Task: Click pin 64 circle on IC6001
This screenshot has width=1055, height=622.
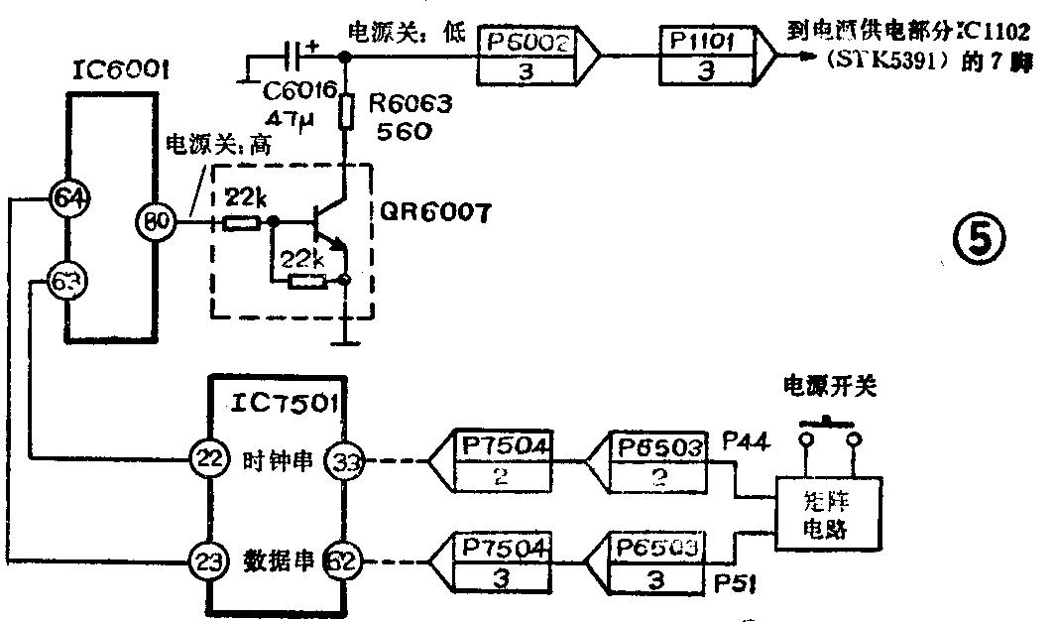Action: pyautogui.click(x=67, y=197)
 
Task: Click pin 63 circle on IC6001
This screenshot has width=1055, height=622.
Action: pyautogui.click(x=67, y=284)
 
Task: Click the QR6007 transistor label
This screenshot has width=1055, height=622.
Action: pyautogui.click(x=435, y=212)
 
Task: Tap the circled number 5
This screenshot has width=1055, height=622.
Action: pyautogui.click(x=979, y=240)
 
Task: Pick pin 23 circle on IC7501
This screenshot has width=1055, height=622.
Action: pyautogui.click(x=206, y=562)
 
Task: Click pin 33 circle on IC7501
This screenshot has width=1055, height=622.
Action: pyautogui.click(x=347, y=461)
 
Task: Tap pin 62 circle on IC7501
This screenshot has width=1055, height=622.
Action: pyautogui.click(x=347, y=562)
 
